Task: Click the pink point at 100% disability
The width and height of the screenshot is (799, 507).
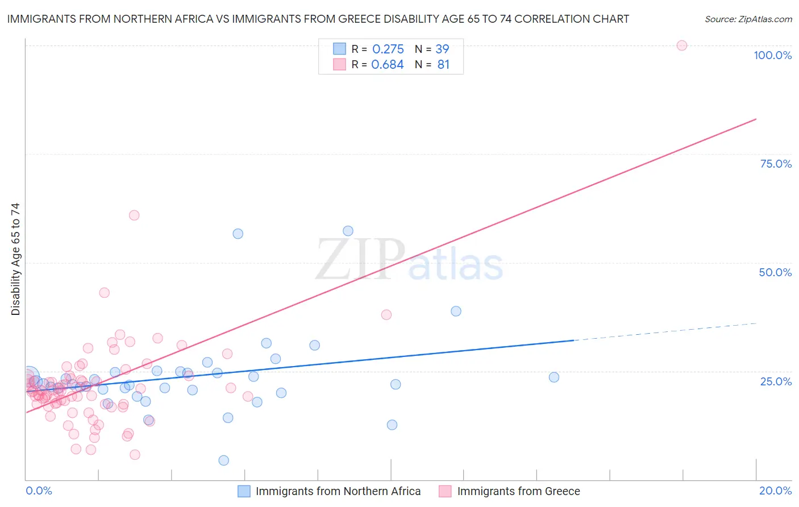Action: point(682,45)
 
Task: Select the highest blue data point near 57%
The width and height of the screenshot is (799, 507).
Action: point(348,231)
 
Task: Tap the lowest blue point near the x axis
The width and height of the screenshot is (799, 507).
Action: point(224,460)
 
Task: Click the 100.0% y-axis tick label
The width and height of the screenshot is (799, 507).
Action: point(772,55)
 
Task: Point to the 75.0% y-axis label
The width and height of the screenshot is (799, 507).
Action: point(776,164)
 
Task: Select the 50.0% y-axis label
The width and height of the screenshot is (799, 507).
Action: point(775,272)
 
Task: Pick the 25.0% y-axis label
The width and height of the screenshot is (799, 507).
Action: point(776,381)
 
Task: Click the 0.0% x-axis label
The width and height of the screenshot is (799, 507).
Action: point(39,491)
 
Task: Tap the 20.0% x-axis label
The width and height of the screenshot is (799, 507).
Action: point(775,491)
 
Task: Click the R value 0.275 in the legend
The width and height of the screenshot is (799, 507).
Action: point(388,49)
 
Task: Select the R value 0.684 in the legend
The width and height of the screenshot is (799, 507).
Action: point(388,65)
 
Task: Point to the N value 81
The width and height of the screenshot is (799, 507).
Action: point(443,65)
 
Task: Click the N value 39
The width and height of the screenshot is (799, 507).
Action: point(442,49)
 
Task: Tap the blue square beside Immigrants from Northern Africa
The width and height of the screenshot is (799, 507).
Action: point(244,491)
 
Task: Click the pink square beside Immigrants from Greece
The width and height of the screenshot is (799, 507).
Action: point(445,491)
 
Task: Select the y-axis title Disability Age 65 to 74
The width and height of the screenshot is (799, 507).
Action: point(15,259)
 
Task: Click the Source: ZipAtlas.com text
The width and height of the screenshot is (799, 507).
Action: point(748,19)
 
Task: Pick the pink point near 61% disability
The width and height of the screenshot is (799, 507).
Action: point(134,215)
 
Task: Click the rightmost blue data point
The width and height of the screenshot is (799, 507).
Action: point(554,377)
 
